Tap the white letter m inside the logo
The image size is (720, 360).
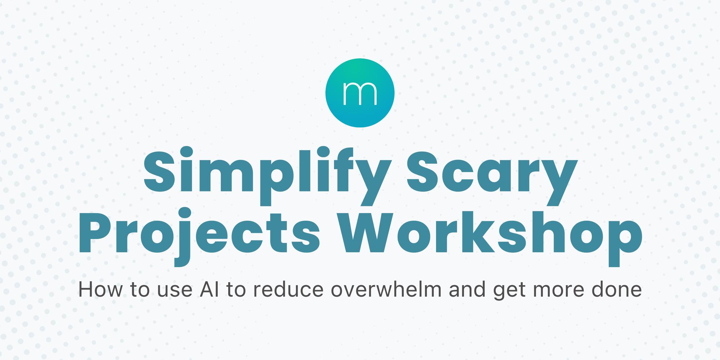coord(360,94)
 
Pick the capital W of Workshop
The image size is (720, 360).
coord(367,232)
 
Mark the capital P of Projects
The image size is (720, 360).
coord(94,232)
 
